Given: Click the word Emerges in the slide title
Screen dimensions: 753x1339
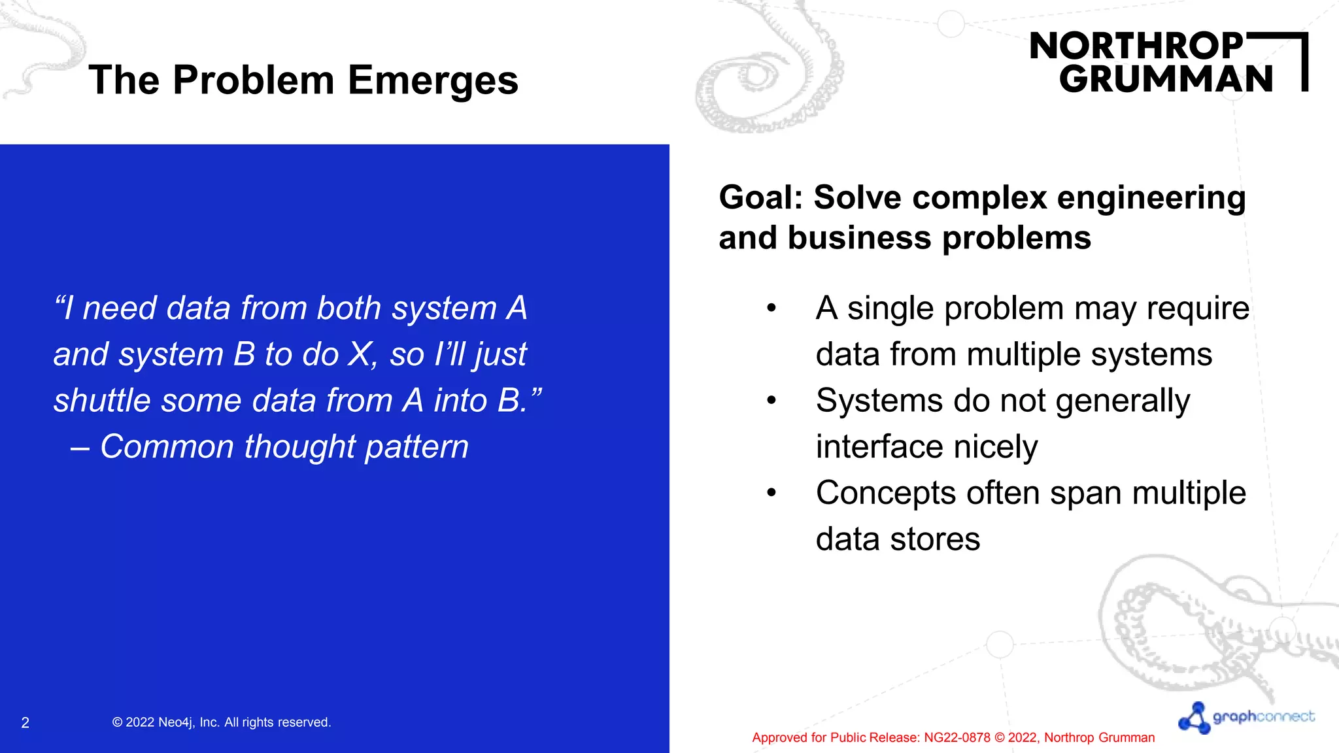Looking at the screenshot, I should tap(433, 81).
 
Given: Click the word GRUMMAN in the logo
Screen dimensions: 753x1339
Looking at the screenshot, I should tap(1166, 80).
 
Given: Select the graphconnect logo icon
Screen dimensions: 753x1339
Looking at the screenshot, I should tap(1195, 718).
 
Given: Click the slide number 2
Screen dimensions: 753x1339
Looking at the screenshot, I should tap(25, 723).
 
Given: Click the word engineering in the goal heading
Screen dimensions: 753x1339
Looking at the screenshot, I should tap(1151, 199).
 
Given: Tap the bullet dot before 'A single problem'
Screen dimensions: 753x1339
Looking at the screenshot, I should tap(771, 308).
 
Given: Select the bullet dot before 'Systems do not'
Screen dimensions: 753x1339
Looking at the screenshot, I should tap(771, 400).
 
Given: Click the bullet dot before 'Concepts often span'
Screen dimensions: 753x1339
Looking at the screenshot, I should tap(771, 493).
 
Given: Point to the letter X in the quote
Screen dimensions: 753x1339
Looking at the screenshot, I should tap(360, 355).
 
